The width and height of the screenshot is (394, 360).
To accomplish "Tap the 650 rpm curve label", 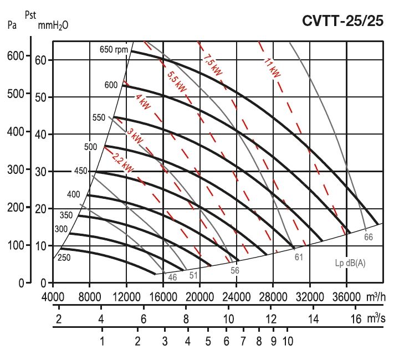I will (114, 50).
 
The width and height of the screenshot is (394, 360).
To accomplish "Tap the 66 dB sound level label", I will (369, 237).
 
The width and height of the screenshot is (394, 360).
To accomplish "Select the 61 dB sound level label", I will (299, 257).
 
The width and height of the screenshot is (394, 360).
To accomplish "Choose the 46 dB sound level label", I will (172, 277).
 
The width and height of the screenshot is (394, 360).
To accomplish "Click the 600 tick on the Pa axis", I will (15, 56).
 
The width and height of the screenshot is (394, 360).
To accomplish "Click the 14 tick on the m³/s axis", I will (313, 319).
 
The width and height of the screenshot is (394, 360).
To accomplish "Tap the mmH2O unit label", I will (53, 25).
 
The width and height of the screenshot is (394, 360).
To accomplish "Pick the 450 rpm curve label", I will (81, 171).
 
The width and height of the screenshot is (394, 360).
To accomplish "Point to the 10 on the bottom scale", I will (287, 341).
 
